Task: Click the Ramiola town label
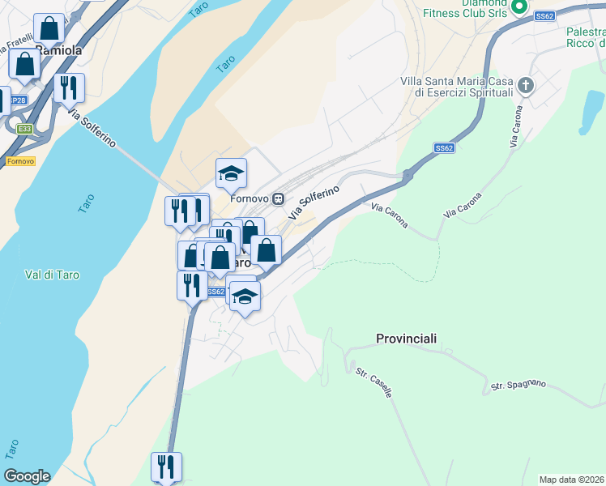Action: coord(60,49)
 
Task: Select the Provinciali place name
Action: coord(407,338)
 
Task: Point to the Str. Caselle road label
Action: coord(374,382)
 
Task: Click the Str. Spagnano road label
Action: coord(519,386)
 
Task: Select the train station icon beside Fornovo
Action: coord(278,198)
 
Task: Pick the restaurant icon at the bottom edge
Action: coord(166,467)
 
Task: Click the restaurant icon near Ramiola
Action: coord(69,87)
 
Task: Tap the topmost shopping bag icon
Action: coord(50,29)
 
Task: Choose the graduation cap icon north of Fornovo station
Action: coord(231,173)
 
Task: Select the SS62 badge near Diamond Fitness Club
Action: coord(544,15)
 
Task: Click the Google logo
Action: coord(27,476)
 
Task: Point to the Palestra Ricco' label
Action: coord(585,36)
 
